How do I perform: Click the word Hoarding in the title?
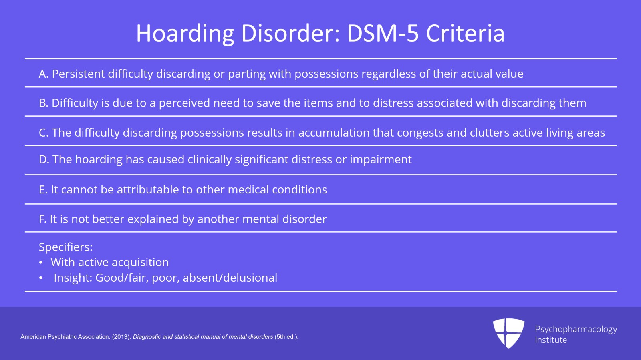[185, 34]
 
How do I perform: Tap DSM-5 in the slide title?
[383, 33]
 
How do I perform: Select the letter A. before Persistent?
[44, 74]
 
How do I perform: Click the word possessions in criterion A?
[326, 74]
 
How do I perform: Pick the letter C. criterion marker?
[44, 133]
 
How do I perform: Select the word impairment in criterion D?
[381, 159]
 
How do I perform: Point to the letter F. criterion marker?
[42, 219]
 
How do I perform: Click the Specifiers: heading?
[66, 247]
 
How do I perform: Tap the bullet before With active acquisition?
[41, 263]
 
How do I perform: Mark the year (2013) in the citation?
[121, 337]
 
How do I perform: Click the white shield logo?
[508, 333]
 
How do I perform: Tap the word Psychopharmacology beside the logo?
[576, 330]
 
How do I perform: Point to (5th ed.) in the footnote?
[286, 337]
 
